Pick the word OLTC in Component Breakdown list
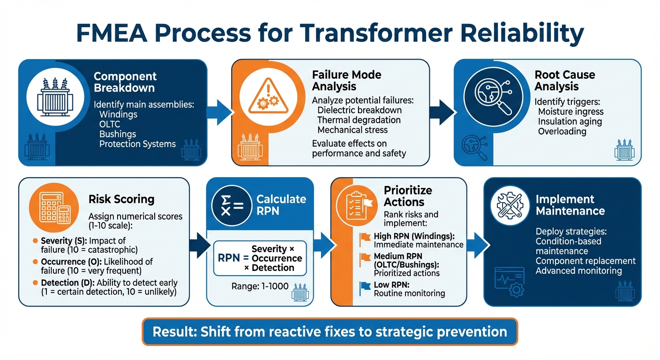pyautogui.click(x=110, y=124)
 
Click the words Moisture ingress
pyautogui.click(x=570, y=112)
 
